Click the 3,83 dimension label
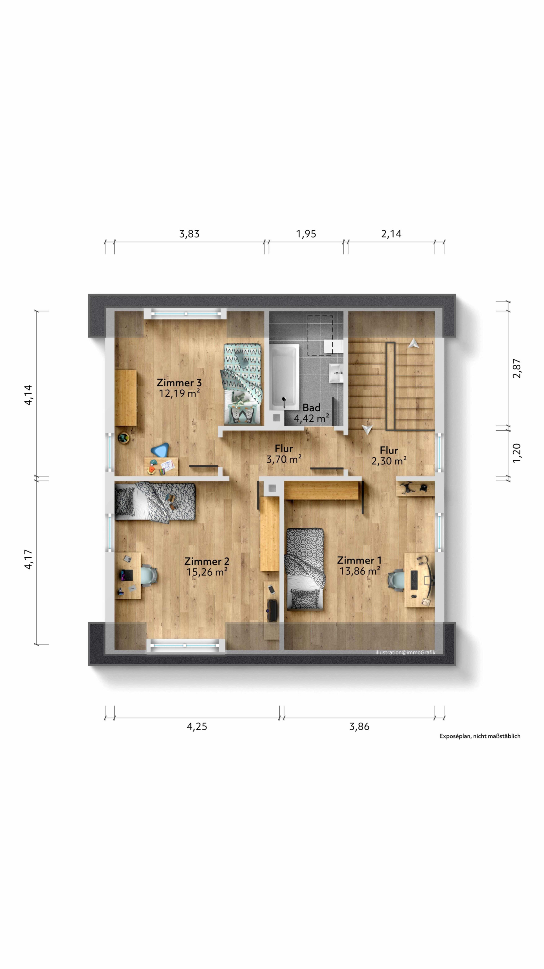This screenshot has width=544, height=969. point(189,234)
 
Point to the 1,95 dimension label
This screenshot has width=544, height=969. point(306,234)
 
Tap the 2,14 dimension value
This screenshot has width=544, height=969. point(391,234)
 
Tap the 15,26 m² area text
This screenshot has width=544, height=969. point(207,572)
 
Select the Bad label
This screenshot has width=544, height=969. point(311,407)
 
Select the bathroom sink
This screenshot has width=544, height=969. point(337,373)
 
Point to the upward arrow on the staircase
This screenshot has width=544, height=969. point(413,343)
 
